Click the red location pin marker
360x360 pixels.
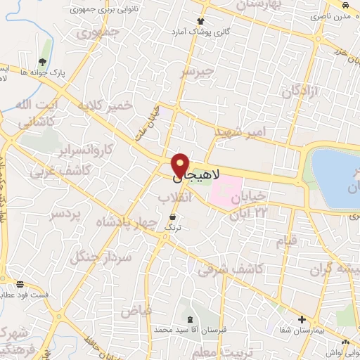(x=180, y=165)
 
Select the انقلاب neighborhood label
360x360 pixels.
(x=176, y=198)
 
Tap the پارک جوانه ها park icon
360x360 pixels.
(x=44, y=61)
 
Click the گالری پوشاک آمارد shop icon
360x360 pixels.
(x=201, y=22)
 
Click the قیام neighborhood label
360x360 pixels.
(x=287, y=241)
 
